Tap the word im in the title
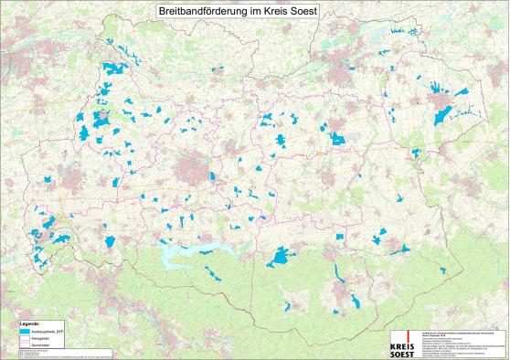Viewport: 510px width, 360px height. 244,9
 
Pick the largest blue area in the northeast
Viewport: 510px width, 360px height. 444,114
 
